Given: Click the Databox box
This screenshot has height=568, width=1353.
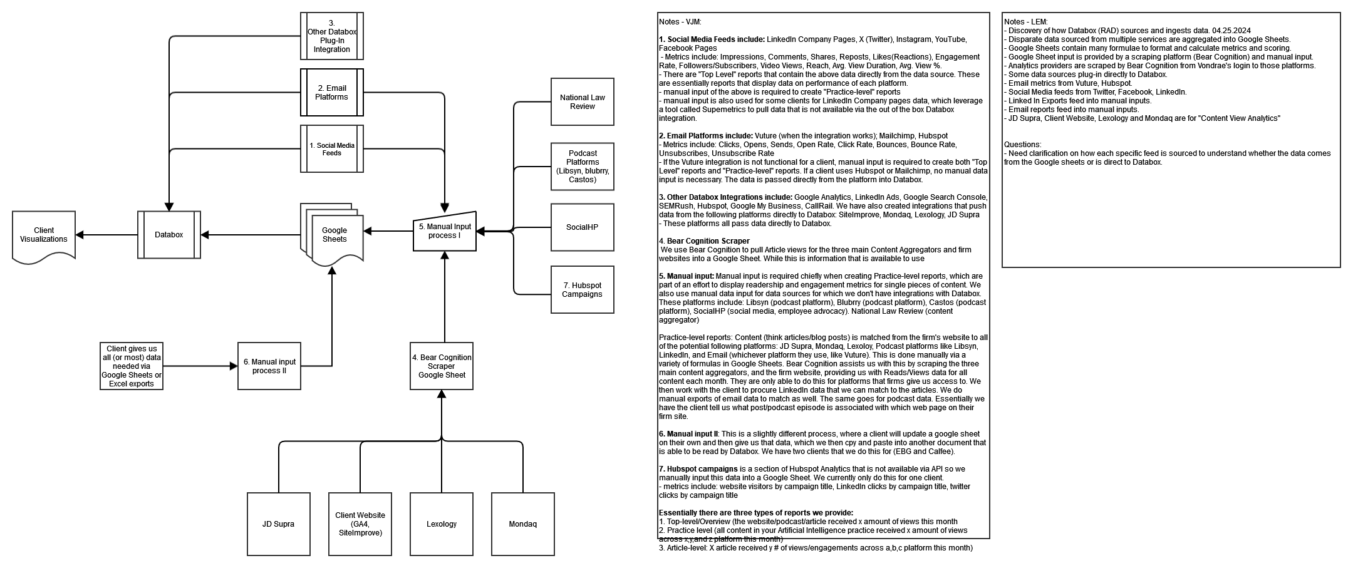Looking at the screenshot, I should (x=169, y=235).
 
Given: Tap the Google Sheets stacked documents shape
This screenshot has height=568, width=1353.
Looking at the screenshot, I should (x=333, y=235).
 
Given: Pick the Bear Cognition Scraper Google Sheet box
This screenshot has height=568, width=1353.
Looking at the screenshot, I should (x=442, y=366).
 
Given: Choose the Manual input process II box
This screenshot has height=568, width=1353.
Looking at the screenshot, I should (x=269, y=366).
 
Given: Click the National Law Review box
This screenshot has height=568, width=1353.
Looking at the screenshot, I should (x=582, y=102).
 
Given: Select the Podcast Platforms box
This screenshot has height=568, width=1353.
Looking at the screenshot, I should (x=582, y=167).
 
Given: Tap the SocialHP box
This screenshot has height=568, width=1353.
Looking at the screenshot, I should (x=582, y=227).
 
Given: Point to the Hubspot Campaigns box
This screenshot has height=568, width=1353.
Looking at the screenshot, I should (x=582, y=290).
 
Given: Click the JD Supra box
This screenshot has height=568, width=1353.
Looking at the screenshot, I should (x=278, y=524).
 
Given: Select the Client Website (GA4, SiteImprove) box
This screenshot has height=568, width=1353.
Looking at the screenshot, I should (x=360, y=524).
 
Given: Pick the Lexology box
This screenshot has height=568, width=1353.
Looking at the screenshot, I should (x=442, y=524).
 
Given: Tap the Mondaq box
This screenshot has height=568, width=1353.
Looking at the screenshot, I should (x=522, y=524).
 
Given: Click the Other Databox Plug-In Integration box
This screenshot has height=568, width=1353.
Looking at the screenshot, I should (x=332, y=36).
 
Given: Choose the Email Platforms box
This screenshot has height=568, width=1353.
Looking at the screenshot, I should (x=332, y=93).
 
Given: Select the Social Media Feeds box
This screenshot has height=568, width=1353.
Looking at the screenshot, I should (x=332, y=149).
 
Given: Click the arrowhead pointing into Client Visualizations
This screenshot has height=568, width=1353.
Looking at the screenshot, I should (x=80, y=235).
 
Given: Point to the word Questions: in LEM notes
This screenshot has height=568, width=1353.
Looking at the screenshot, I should (x=1022, y=145).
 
